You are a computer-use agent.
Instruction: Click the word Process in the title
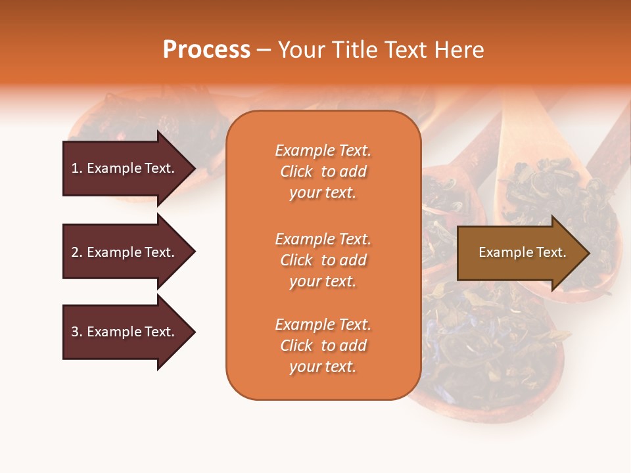[206, 50]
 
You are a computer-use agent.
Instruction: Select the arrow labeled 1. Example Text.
[125, 168]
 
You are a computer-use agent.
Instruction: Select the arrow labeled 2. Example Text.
[125, 252]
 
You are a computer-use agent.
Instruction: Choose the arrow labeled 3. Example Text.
[125, 332]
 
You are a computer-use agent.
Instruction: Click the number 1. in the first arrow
[77, 168]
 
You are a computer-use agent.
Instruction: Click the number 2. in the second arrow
[77, 252]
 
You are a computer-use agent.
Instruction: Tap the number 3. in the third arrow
[77, 332]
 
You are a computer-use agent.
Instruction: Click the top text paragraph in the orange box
[323, 171]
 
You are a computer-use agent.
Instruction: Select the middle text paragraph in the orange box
[323, 260]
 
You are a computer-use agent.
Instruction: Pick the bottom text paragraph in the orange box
[323, 346]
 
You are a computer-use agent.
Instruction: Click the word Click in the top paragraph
[296, 171]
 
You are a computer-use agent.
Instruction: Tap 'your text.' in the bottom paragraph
[323, 367]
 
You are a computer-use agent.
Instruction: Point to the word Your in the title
[301, 50]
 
